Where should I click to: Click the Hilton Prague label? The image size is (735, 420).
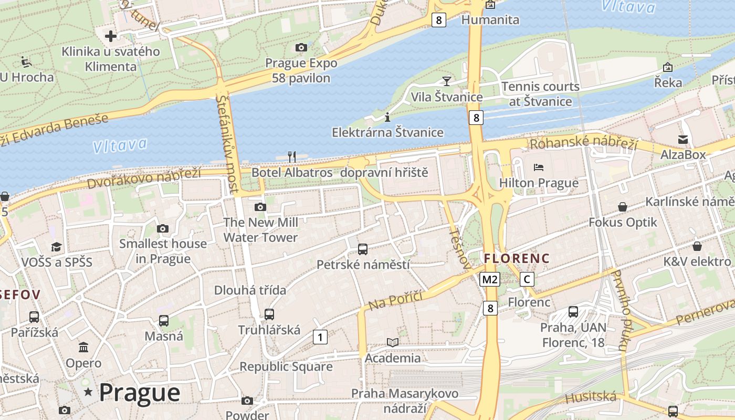(539, 183)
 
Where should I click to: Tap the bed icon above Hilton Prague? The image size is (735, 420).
(539, 167)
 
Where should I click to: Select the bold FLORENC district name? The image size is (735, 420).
(517, 258)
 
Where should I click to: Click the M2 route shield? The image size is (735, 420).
(489, 279)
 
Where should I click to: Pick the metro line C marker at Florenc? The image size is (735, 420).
(527, 279)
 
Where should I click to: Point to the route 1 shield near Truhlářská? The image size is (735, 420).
(320, 337)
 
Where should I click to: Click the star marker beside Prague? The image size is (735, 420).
(88, 392)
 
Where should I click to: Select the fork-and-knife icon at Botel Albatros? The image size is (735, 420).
(292, 156)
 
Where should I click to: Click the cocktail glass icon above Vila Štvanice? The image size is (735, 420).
(446, 81)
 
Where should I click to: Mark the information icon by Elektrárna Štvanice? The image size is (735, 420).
(387, 117)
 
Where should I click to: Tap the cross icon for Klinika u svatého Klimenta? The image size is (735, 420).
(110, 36)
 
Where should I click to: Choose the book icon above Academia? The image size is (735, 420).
(392, 342)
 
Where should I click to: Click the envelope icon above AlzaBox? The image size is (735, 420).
(682, 139)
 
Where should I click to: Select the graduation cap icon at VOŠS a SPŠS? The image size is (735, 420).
(56, 247)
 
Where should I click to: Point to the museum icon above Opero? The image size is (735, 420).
(83, 347)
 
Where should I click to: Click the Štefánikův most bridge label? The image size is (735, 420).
(227, 143)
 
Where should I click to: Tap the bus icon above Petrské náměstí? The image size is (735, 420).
(362, 249)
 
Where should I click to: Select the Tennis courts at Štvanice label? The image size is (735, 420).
(540, 93)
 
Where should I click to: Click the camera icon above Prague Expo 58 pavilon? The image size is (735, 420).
(301, 48)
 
